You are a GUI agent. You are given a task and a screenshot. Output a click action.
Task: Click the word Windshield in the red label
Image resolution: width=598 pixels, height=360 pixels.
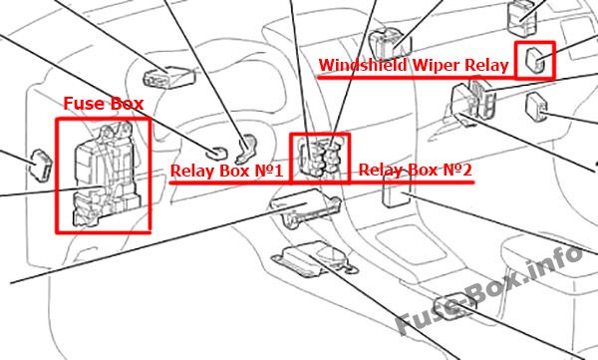pyautogui.click(x=363, y=65)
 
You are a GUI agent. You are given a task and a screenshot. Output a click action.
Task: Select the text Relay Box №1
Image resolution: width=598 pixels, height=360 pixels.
pyautogui.click(x=226, y=171)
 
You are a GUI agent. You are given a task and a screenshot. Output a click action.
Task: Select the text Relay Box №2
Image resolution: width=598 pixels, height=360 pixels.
pyautogui.click(x=416, y=170)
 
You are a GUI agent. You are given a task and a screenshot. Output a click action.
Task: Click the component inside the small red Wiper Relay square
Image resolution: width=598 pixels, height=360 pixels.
pyautogui.click(x=535, y=60)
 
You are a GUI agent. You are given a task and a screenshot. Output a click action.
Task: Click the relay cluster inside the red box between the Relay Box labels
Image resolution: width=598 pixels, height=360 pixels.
pyautogui.click(x=320, y=158)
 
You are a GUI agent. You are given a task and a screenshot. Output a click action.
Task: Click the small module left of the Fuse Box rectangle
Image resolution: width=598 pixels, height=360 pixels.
pyautogui.click(x=40, y=166)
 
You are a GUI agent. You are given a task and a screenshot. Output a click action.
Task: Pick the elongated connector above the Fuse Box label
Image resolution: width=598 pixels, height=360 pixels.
pyautogui.click(x=169, y=77)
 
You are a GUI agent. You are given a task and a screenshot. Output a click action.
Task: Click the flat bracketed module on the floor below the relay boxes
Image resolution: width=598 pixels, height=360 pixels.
pyautogui.click(x=315, y=259)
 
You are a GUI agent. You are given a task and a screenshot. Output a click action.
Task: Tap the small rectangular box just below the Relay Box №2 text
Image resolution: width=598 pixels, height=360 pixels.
pyautogui.click(x=396, y=193)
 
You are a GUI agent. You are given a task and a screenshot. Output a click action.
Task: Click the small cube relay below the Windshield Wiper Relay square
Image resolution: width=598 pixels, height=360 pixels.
pyautogui.click(x=536, y=106)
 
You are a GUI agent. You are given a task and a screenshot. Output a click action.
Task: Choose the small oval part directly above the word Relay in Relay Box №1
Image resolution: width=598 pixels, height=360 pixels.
pyautogui.click(x=216, y=153)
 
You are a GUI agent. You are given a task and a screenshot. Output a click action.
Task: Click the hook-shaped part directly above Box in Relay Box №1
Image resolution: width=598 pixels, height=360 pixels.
pyautogui.click(x=247, y=149)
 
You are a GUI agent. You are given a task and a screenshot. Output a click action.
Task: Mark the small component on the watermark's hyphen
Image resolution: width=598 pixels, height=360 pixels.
pyautogui.click(x=454, y=306)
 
